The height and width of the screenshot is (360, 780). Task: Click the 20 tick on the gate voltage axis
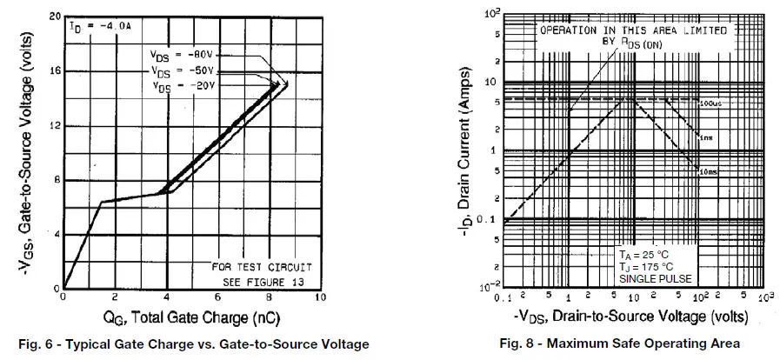click(54, 17)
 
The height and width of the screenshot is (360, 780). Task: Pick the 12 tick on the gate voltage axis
click(54, 126)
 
